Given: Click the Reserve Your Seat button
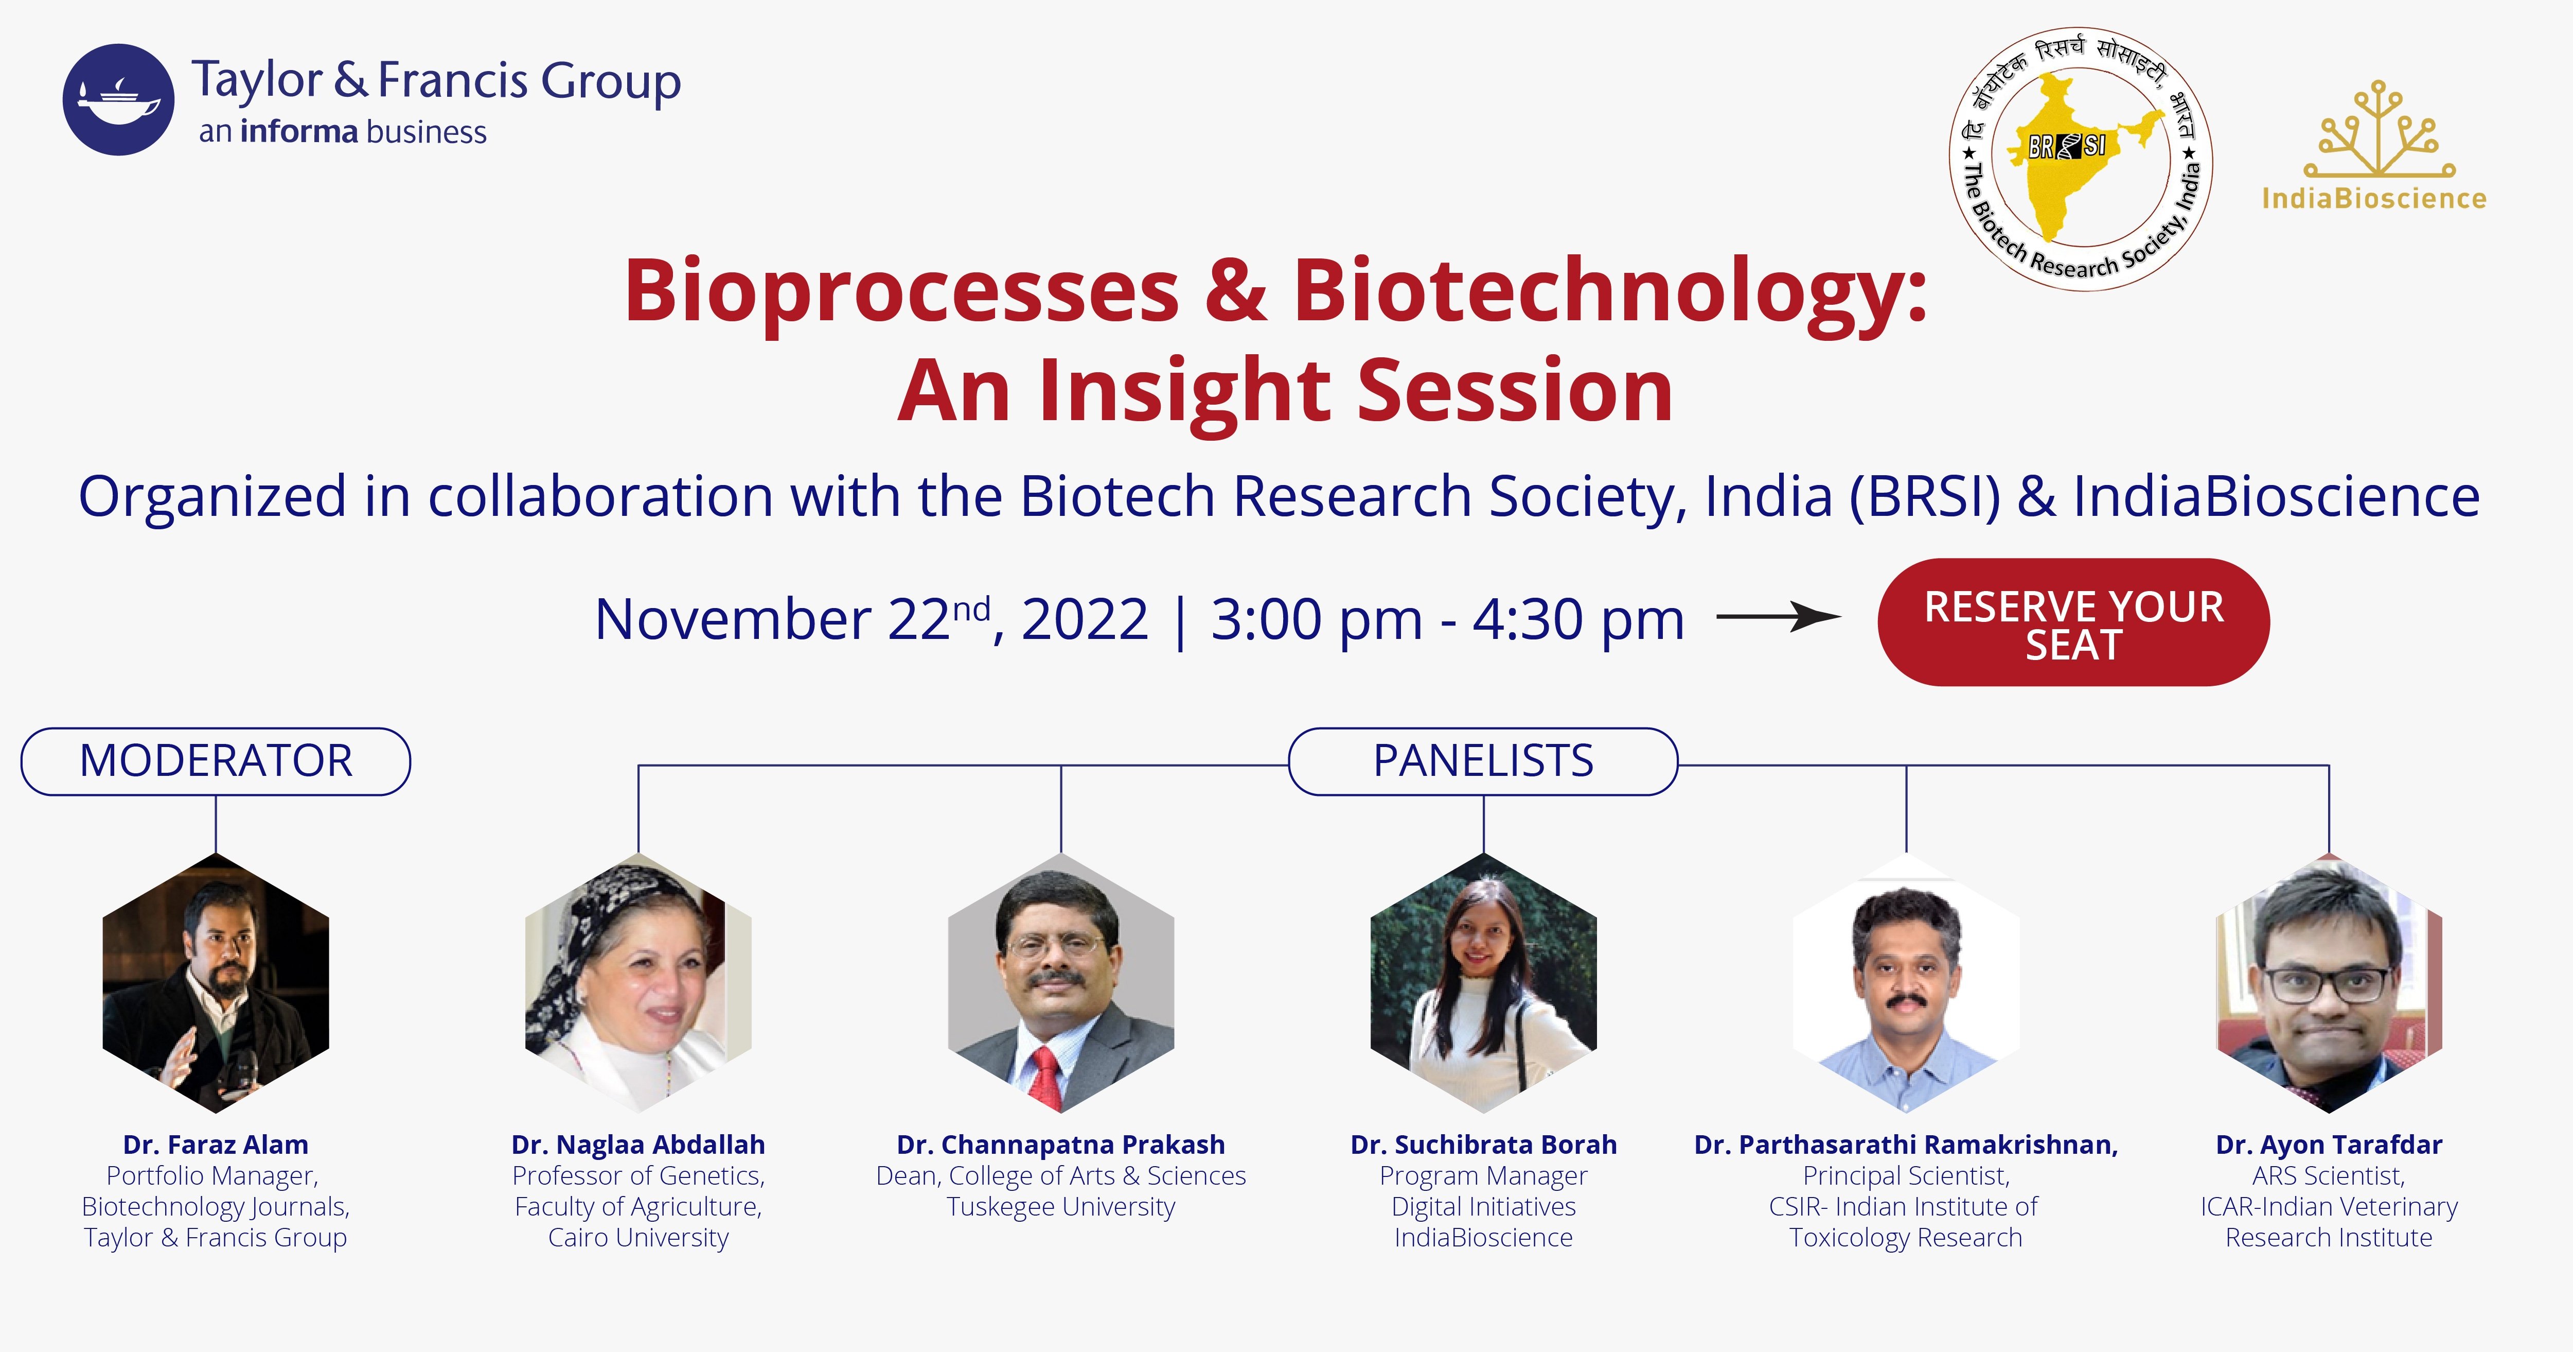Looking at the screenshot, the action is coord(2073,622).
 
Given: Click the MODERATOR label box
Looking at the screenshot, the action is coord(216,761).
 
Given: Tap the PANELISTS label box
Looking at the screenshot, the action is coord(1483,761).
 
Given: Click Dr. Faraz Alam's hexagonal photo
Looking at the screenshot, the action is coord(216,983).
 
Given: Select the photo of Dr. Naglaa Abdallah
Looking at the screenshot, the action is coord(638,983).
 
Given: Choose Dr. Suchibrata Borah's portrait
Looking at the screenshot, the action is coord(1483,983).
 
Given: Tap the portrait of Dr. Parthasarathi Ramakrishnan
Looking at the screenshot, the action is coord(1906,983).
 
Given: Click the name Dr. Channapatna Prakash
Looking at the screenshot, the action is coord(1061,1145).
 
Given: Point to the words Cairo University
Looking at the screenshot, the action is coord(638,1238).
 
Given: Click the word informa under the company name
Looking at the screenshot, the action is coord(298,132).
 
